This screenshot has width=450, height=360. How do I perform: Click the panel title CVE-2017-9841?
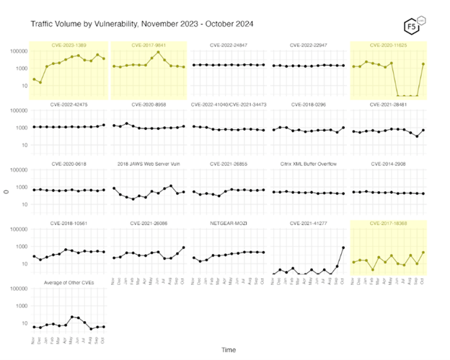click(148, 45)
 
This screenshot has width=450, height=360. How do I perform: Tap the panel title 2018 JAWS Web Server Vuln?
click(148, 164)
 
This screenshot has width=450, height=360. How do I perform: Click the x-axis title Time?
click(228, 350)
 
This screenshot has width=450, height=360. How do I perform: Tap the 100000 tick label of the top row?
click(18, 51)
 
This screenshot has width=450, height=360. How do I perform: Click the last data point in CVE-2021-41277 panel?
click(343, 247)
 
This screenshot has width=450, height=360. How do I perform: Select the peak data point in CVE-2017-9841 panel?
click(158, 52)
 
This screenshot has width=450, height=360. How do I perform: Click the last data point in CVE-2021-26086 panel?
click(182, 247)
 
